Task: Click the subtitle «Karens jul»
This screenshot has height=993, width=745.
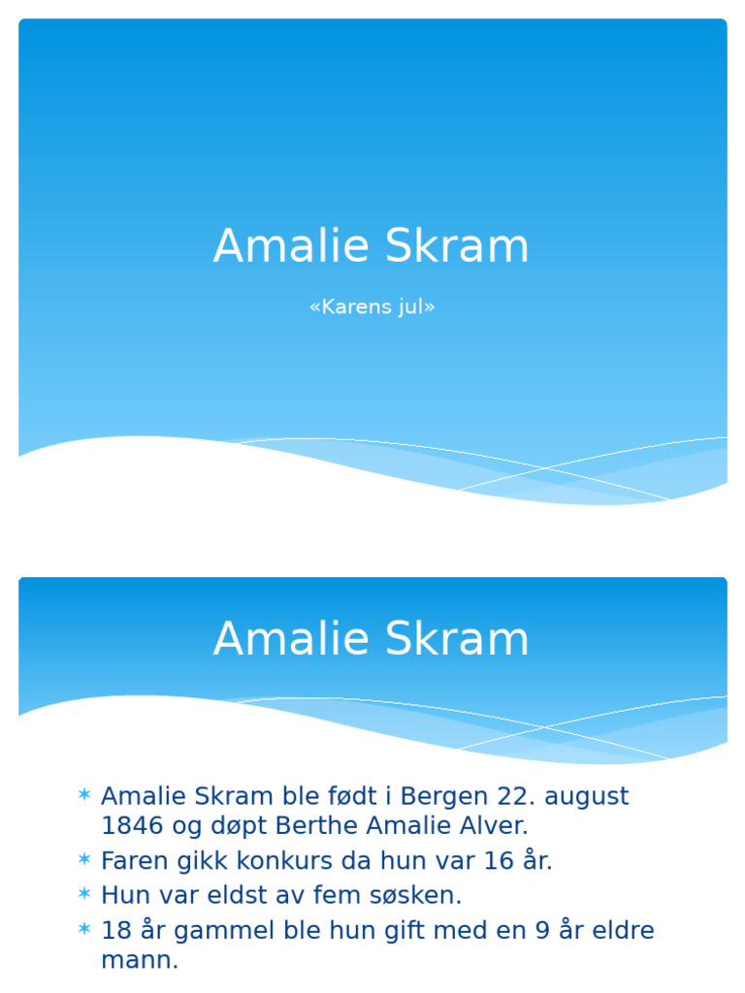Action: (372, 307)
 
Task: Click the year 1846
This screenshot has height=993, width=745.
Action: (132, 826)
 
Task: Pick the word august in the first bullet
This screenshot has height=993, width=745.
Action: (587, 797)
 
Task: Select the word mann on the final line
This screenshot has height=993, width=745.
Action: (136, 961)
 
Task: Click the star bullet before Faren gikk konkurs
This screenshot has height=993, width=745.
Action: (84, 860)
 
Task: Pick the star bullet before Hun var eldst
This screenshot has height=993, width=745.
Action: (84, 893)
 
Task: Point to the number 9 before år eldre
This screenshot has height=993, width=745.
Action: (544, 931)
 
